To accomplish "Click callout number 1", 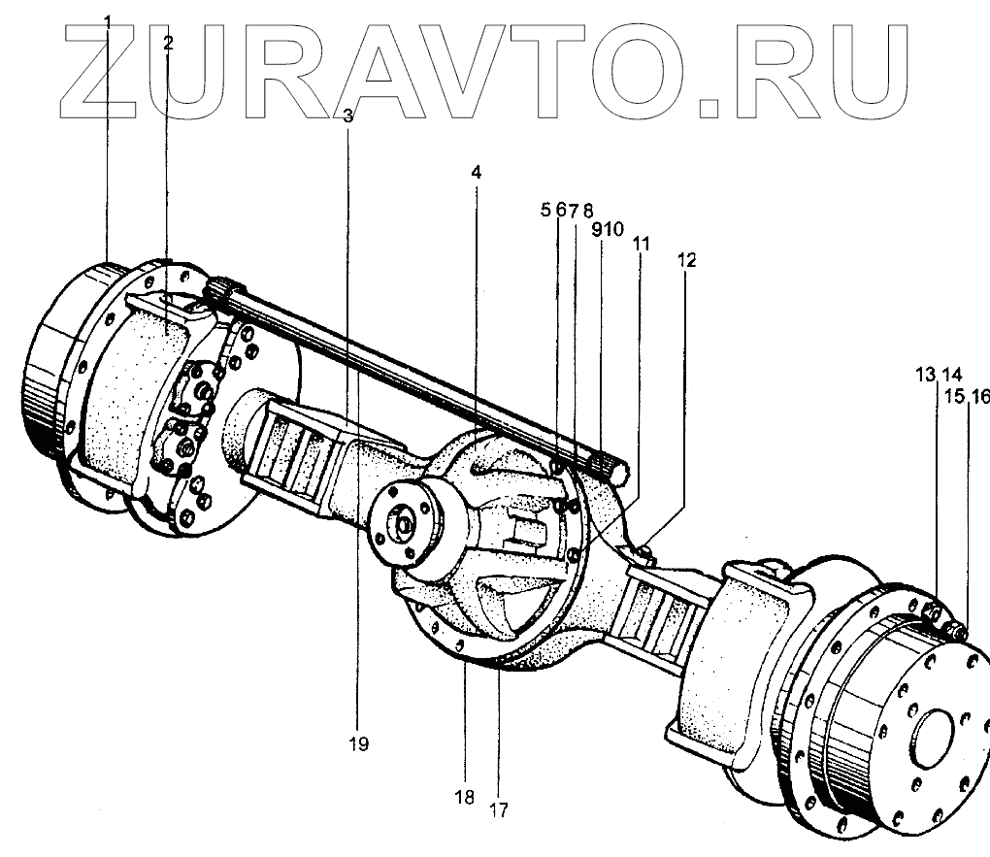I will [x=108, y=21].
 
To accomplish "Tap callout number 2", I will [x=168, y=43].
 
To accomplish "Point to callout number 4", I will [x=476, y=172].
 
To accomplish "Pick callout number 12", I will [x=687, y=260].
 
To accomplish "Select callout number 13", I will [x=925, y=374].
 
